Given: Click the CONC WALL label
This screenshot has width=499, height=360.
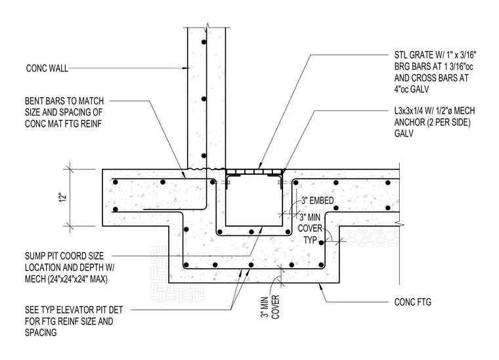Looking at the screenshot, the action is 47,68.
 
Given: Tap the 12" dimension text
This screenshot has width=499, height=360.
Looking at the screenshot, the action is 64,197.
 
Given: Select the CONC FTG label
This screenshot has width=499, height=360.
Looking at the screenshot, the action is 413,302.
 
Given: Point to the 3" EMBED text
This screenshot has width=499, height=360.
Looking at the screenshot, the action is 318,200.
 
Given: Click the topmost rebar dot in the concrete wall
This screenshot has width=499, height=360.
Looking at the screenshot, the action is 204,42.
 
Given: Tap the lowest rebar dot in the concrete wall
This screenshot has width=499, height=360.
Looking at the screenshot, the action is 204,156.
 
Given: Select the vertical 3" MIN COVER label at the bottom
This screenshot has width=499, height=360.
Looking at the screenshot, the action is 271,307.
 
